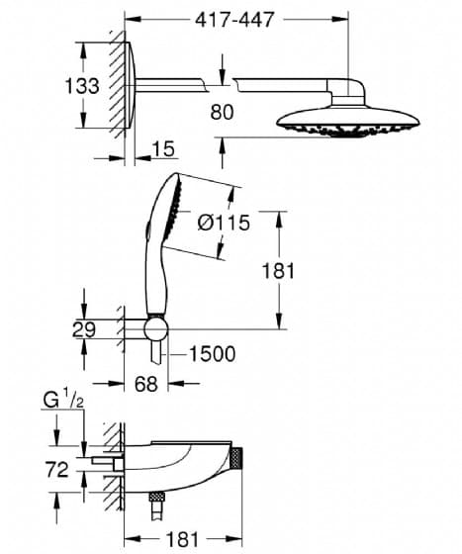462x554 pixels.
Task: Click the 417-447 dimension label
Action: coord(234,20)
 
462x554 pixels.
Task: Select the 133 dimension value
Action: coord(82,86)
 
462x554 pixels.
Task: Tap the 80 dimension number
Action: coord(222,113)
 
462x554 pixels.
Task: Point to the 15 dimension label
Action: coord(164,148)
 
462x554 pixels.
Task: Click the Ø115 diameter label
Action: coord(224,223)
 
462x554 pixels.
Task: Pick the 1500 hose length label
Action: coord(213,354)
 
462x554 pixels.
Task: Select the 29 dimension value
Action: coord(84,330)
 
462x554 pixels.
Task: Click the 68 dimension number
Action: coord(145,384)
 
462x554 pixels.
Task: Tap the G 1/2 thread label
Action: coord(63,400)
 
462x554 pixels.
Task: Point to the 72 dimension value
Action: coord(56,470)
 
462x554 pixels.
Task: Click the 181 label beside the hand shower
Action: coord(278,271)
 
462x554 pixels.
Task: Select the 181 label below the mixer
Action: coord(183,539)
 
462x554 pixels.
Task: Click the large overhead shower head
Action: coord(348,122)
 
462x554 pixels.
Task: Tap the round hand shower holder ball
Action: coord(155,329)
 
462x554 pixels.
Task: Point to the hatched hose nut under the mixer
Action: coord(157,496)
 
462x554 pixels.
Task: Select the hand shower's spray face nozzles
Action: coord(175,206)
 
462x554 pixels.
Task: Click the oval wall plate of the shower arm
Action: coord(130,85)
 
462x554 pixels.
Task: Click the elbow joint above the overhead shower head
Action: coord(347,91)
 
